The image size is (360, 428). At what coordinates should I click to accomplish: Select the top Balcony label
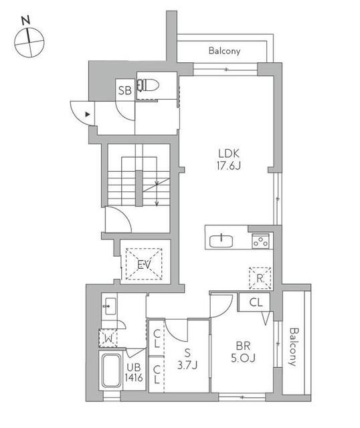click(x=224, y=51)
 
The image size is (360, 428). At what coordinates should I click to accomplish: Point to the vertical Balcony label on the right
click(x=293, y=346)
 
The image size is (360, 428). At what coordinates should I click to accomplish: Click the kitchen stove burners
click(x=260, y=241)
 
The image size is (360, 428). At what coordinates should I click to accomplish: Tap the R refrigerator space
click(x=259, y=278)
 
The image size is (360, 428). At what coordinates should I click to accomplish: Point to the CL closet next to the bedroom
click(x=256, y=302)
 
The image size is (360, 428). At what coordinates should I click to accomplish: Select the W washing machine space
click(x=107, y=338)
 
